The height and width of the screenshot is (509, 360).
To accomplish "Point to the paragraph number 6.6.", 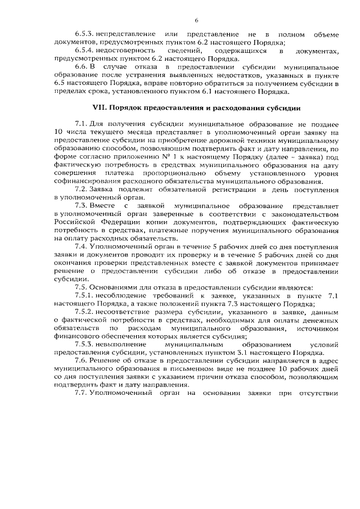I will click(81, 67).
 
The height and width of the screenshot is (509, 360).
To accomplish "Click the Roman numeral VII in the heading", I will click(99, 107).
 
